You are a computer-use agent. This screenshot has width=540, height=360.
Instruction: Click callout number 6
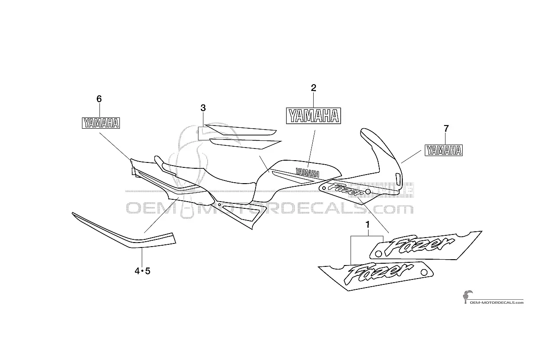(99, 99)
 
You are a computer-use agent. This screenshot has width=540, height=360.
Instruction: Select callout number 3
(203, 108)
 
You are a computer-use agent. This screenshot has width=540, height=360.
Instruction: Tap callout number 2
(313, 88)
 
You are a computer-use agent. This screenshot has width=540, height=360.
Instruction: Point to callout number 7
(446, 129)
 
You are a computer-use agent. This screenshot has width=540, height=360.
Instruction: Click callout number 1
(367, 225)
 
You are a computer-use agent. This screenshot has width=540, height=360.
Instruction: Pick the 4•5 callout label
(142, 271)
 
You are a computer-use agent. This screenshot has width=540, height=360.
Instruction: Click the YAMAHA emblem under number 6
(101, 123)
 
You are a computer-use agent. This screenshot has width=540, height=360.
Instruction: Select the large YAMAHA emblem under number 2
(313, 116)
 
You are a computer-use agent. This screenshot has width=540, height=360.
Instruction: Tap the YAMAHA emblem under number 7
(444, 150)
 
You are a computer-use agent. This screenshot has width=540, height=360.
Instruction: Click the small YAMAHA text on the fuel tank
(307, 172)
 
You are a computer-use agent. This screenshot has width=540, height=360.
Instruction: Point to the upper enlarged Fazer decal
(426, 245)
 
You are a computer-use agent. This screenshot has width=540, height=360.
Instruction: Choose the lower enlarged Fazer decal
(376, 276)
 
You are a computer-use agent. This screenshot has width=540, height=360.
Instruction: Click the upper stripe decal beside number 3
(241, 130)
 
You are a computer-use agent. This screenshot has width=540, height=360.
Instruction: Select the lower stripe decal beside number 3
(245, 144)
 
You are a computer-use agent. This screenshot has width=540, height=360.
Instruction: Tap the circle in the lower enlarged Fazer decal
(423, 272)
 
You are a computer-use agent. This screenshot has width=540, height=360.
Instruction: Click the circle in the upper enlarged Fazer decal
(379, 254)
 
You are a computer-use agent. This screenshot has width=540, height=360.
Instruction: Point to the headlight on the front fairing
(398, 179)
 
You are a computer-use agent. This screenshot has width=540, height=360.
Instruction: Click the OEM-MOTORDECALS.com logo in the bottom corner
(493, 297)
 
